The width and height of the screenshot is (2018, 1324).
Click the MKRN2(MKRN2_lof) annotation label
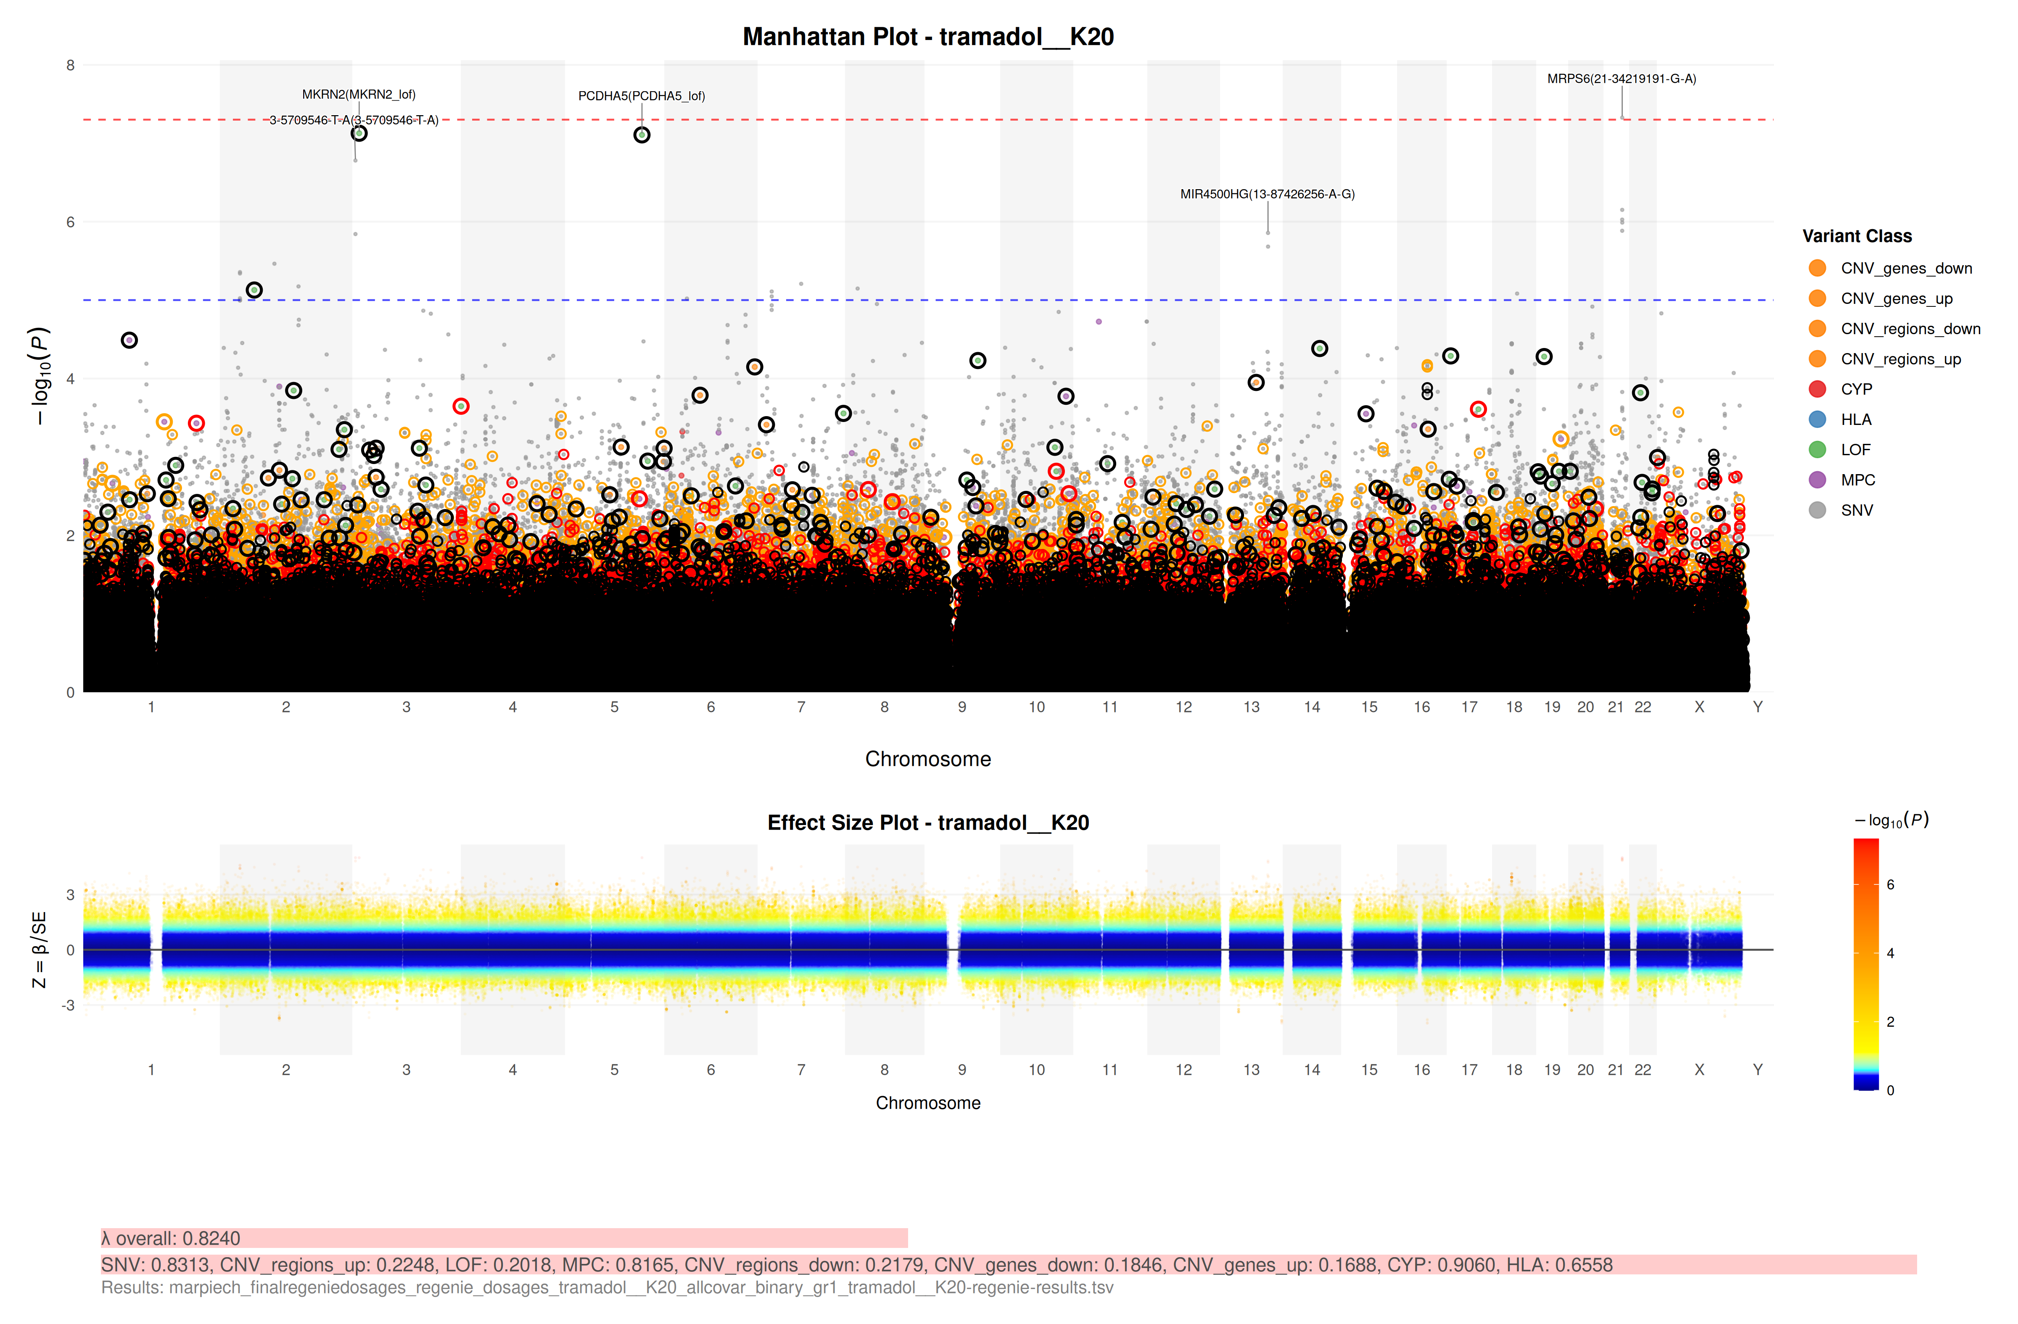point(359,94)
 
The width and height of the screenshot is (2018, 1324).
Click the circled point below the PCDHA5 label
point(642,135)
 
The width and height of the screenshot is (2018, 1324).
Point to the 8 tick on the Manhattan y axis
point(70,65)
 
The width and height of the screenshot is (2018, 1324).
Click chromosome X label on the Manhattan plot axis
point(1698,707)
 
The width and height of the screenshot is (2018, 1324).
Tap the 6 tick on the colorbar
point(1890,884)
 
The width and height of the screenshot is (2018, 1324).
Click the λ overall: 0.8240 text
point(170,1238)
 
